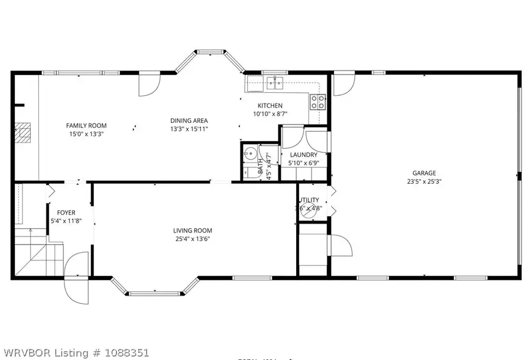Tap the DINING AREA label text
[x=189, y=121]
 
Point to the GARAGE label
[x=424, y=173]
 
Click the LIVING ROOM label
[x=193, y=231]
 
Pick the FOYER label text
[x=66, y=213]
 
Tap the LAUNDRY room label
[x=303, y=155]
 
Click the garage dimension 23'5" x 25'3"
[x=424, y=181]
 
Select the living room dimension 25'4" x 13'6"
[x=193, y=239]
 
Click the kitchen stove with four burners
[x=317, y=102]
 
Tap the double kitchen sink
[x=274, y=84]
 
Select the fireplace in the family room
[x=22, y=134]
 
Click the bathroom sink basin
[x=249, y=152]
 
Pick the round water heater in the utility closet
[x=308, y=207]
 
